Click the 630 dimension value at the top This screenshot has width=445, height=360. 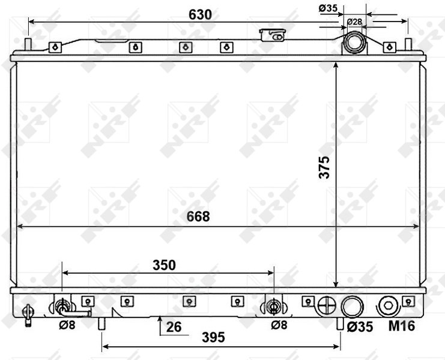[x=201, y=15]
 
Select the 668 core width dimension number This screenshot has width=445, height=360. [x=198, y=217]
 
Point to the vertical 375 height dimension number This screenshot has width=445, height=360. [x=324, y=167]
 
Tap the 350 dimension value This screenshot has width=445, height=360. [x=164, y=265]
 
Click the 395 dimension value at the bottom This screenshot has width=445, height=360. [x=213, y=337]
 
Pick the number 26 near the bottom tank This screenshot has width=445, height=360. [x=174, y=327]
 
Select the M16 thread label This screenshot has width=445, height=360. [x=402, y=326]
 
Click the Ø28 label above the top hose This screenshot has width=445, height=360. [x=354, y=22]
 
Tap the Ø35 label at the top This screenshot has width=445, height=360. [x=328, y=8]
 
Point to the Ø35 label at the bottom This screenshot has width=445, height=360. [x=360, y=327]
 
